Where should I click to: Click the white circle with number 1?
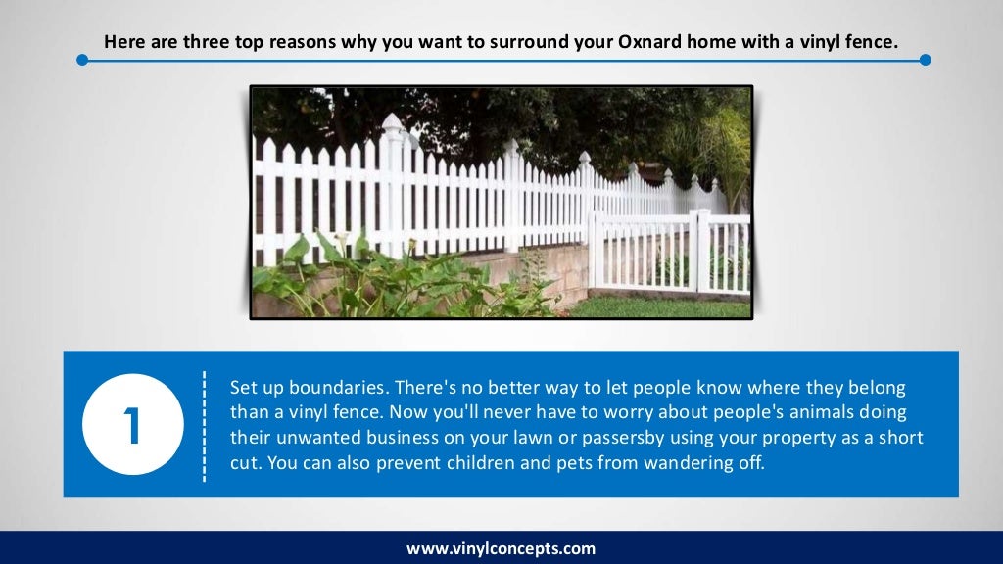131,424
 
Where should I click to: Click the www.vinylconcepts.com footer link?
501,548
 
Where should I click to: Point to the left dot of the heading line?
82,60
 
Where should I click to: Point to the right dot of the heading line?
925,60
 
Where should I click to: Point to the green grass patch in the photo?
656,306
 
